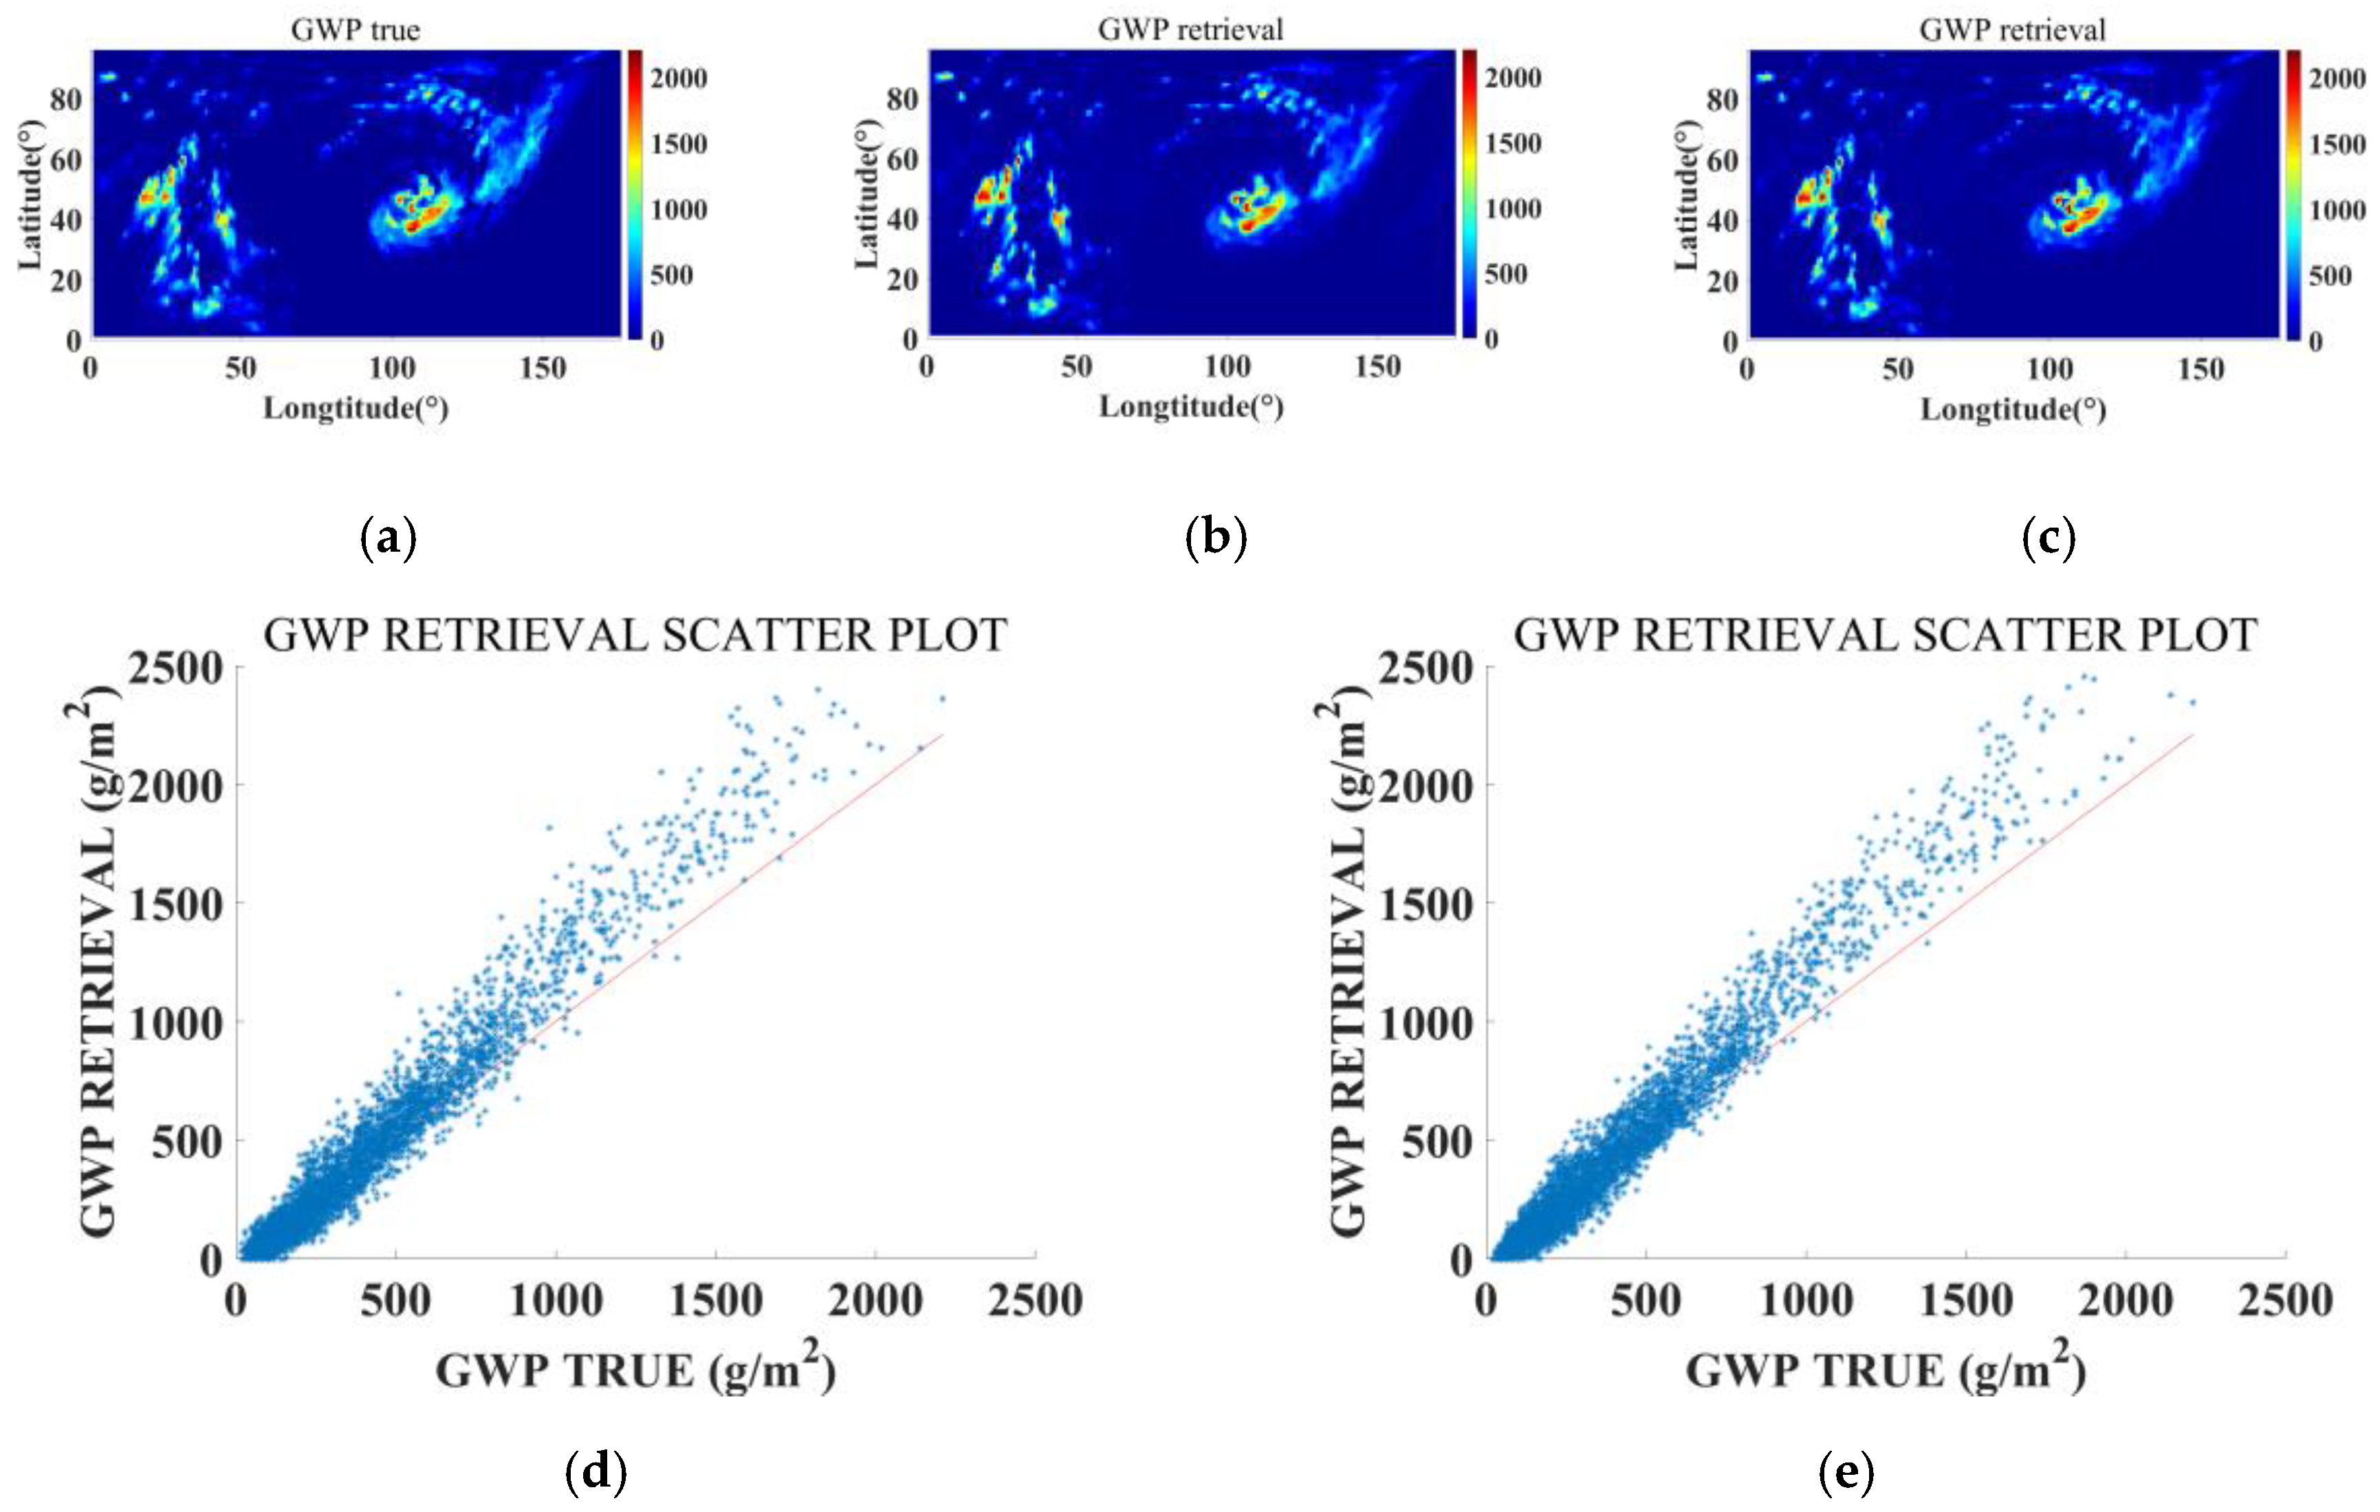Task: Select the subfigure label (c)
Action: click(2049, 539)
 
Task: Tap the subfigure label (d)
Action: click(596, 1472)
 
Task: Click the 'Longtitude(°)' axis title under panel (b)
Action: click(1191, 407)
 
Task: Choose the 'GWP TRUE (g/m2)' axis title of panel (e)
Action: click(1885, 1370)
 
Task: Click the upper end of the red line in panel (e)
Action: click(2192, 735)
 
